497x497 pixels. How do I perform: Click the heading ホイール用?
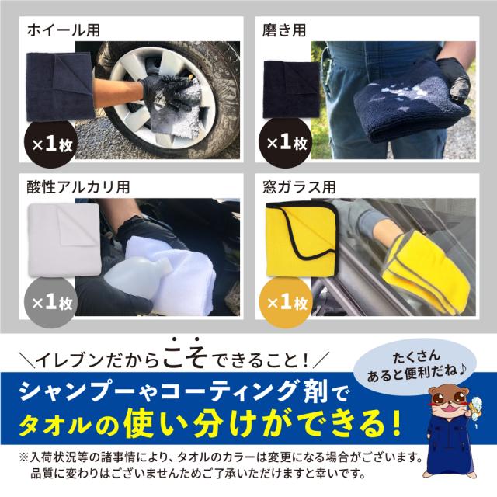[x=64, y=31]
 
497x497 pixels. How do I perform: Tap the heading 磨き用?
[x=284, y=31]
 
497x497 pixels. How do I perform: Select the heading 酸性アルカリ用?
[x=78, y=187]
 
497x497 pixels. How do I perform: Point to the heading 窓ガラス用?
[x=299, y=187]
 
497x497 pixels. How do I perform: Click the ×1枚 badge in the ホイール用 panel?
[x=50, y=144]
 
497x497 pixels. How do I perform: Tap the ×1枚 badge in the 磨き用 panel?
[x=285, y=143]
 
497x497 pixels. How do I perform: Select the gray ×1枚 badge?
[x=50, y=302]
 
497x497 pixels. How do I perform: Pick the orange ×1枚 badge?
[x=286, y=302]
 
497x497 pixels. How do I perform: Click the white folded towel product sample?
[x=64, y=240]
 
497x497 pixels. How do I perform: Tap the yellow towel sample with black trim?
[x=301, y=238]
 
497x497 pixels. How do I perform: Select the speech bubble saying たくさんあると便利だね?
[x=416, y=364]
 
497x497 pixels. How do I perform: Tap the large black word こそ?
[x=186, y=353]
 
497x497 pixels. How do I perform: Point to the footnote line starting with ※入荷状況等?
[x=221, y=457]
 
